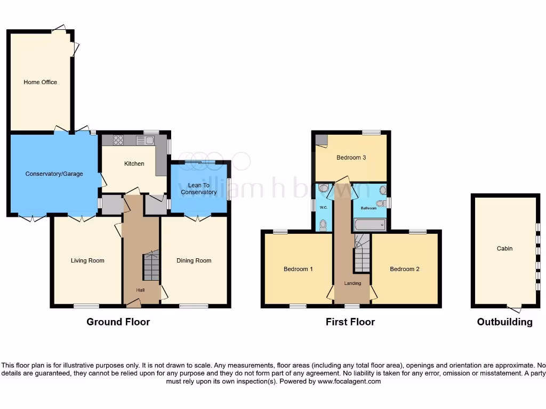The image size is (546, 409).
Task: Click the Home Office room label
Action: coord(40,82)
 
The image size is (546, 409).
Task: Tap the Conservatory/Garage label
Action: coord(54,174)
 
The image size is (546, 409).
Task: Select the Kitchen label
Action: coord(134,163)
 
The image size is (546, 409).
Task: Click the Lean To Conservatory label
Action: coord(198,189)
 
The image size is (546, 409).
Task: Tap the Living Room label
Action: coord(87,260)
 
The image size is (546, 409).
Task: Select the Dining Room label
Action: coord(194,260)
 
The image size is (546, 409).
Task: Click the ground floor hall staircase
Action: coord(151,267)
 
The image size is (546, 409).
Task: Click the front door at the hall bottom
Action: coord(133,304)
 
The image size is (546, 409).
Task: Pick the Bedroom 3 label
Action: coord(351,158)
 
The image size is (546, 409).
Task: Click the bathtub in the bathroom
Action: coord(370,225)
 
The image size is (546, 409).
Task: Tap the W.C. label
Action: coord(323,207)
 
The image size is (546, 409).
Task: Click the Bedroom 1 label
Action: coord(298,269)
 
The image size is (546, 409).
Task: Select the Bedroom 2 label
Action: coord(405,269)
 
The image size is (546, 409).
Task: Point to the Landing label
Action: coord(352,283)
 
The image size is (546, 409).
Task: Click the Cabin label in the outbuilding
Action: coord(504,248)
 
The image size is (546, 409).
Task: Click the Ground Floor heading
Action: coord(118,322)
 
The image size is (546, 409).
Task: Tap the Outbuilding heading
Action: coord(504,322)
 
